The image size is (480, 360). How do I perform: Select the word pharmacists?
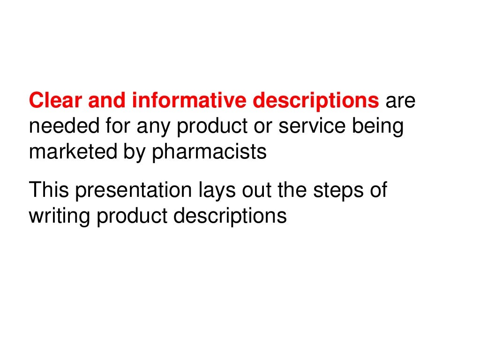209,152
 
